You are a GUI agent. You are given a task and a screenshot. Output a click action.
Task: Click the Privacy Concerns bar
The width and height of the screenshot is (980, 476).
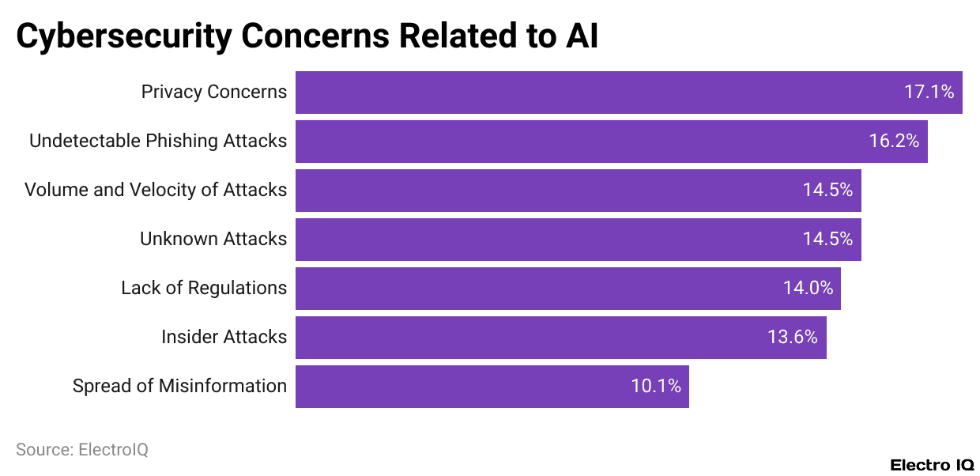628,93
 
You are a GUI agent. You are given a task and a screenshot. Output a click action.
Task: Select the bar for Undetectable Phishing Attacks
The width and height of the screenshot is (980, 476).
611,142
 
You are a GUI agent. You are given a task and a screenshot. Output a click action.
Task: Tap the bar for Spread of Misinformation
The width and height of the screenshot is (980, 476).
492,387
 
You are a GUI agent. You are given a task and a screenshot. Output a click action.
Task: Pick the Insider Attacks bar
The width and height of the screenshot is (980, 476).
560,338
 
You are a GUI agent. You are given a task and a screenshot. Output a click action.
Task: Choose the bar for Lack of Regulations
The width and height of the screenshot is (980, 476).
567,289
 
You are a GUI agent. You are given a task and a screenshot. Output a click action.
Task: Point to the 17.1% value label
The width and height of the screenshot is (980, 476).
929,93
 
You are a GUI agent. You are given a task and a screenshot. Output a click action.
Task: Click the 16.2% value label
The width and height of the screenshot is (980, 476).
894,142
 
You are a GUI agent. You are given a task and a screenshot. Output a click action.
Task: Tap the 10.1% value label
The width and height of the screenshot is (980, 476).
656,387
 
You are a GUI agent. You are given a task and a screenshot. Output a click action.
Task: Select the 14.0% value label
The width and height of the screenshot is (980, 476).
808,289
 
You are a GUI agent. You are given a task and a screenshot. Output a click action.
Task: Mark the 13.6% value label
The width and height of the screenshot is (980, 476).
792,338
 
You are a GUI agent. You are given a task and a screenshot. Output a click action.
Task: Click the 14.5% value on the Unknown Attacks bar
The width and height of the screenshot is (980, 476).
827,240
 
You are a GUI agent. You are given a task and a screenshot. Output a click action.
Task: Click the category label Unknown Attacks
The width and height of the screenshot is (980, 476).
213,240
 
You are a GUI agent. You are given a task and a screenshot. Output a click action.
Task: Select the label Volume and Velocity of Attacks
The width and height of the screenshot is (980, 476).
156,191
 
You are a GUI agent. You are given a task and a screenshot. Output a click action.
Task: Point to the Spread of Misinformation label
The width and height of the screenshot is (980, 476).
179,387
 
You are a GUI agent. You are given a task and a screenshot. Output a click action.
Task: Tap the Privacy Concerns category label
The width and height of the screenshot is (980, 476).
214,93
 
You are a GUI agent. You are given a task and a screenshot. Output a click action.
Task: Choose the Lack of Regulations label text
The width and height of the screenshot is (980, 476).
204,289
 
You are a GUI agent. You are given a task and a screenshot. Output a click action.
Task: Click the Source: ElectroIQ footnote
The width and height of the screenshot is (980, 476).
82,450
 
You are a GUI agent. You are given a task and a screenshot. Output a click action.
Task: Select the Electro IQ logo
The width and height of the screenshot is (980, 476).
932,465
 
